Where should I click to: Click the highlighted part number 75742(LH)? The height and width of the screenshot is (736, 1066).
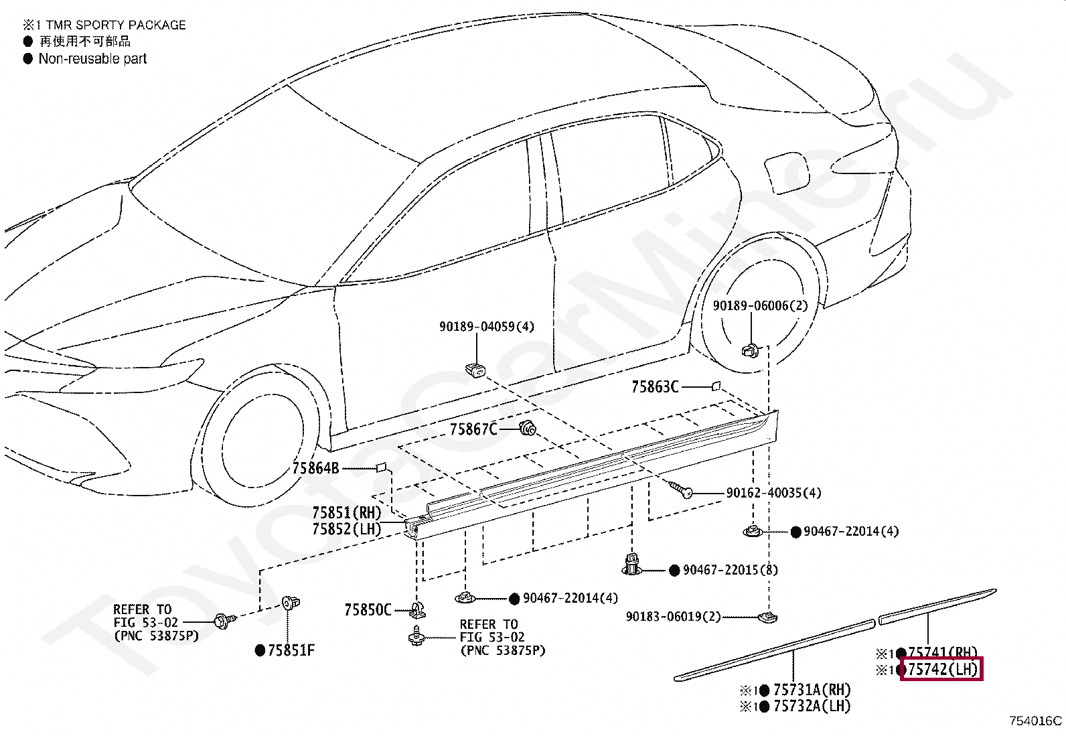coord(942,669)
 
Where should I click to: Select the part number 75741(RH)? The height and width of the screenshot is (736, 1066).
coord(942,652)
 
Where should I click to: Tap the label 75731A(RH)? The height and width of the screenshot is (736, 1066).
coord(812,690)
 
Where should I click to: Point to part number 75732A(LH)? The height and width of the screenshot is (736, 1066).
coord(812,706)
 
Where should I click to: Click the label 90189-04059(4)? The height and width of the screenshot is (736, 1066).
coord(487,327)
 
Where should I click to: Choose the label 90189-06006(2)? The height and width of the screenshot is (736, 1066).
coord(760,306)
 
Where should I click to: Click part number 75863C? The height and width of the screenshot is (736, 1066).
coord(655,387)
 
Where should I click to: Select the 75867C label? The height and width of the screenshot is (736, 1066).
coord(473,429)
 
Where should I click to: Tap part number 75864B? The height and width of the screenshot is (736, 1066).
coord(315,469)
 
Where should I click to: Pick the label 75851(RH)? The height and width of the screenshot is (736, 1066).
coord(346,513)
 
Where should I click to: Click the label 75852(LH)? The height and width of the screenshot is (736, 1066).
coord(346,529)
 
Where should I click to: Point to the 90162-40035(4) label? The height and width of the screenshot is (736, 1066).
coord(773,493)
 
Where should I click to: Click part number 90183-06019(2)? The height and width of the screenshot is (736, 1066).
coord(673,617)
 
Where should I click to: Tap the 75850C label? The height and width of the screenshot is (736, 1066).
coord(368,610)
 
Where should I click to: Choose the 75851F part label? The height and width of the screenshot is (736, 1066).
coord(291,650)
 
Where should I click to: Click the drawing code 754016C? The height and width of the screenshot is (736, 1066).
coord(1035,721)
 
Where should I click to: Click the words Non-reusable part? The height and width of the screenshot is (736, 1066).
coord(92,59)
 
